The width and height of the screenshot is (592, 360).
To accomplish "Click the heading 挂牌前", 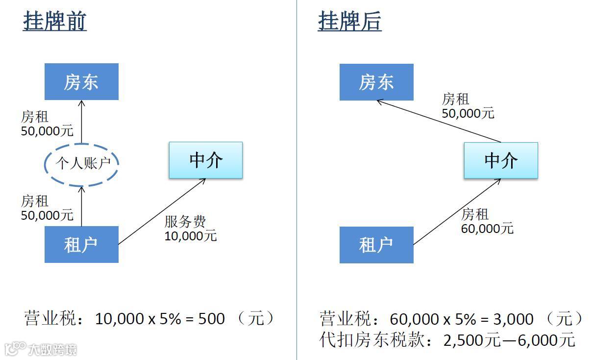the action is click(54, 22).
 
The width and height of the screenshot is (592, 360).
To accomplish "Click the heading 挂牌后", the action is click(349, 22).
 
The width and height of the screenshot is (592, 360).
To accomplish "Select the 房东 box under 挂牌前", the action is click(81, 82).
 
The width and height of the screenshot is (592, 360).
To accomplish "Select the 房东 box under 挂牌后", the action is click(376, 82).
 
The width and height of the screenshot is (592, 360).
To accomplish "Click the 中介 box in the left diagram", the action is click(206, 160).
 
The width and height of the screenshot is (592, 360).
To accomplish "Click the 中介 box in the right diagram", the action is click(501, 160).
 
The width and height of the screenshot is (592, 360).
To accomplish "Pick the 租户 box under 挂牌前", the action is click(81, 244).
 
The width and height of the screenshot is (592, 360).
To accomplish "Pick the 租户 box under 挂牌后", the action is click(376, 245).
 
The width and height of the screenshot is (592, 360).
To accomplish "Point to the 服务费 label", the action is click(185, 222).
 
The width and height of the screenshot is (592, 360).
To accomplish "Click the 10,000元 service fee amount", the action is click(191, 236).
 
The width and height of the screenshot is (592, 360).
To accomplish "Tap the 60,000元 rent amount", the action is click(487, 229).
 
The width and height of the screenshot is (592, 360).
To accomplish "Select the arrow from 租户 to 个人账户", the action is click(82, 206).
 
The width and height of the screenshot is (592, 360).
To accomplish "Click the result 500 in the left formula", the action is click(211, 319).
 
